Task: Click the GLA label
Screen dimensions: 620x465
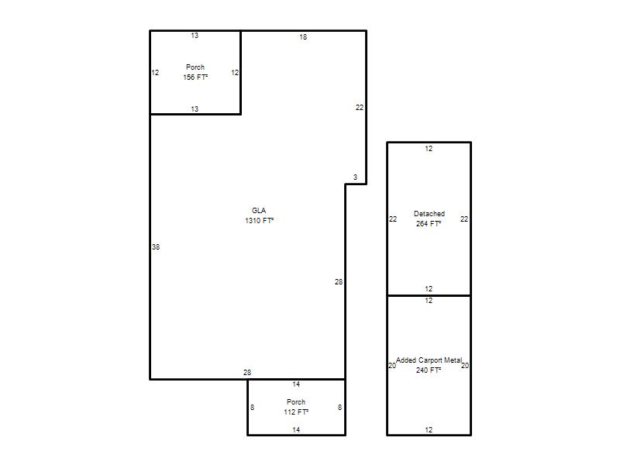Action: point(259,210)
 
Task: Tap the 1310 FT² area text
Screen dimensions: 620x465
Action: point(260,220)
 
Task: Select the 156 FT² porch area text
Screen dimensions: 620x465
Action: point(195,77)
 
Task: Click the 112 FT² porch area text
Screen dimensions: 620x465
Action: point(296,412)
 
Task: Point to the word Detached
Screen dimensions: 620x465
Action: point(429,214)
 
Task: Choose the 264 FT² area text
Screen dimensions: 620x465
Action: point(429,223)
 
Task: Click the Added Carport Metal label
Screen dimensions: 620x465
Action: point(429,360)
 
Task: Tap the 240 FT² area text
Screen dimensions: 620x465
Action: point(429,370)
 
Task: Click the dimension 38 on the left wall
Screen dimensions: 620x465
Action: point(156,246)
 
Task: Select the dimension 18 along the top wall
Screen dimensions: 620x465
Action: point(303,36)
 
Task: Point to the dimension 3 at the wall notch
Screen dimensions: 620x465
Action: point(355,177)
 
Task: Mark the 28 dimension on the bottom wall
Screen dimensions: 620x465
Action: point(247,373)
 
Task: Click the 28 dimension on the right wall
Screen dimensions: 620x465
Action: point(339,282)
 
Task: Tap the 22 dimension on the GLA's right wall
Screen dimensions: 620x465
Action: point(360,107)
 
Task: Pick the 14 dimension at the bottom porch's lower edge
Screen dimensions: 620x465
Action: point(296,430)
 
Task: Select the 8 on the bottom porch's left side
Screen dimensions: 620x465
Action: point(253,408)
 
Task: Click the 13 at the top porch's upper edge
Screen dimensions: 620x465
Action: point(195,36)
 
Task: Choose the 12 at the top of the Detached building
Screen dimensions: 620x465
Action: point(429,149)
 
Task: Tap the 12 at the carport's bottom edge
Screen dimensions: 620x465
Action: point(429,430)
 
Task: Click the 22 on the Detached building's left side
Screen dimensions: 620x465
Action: point(393,219)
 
